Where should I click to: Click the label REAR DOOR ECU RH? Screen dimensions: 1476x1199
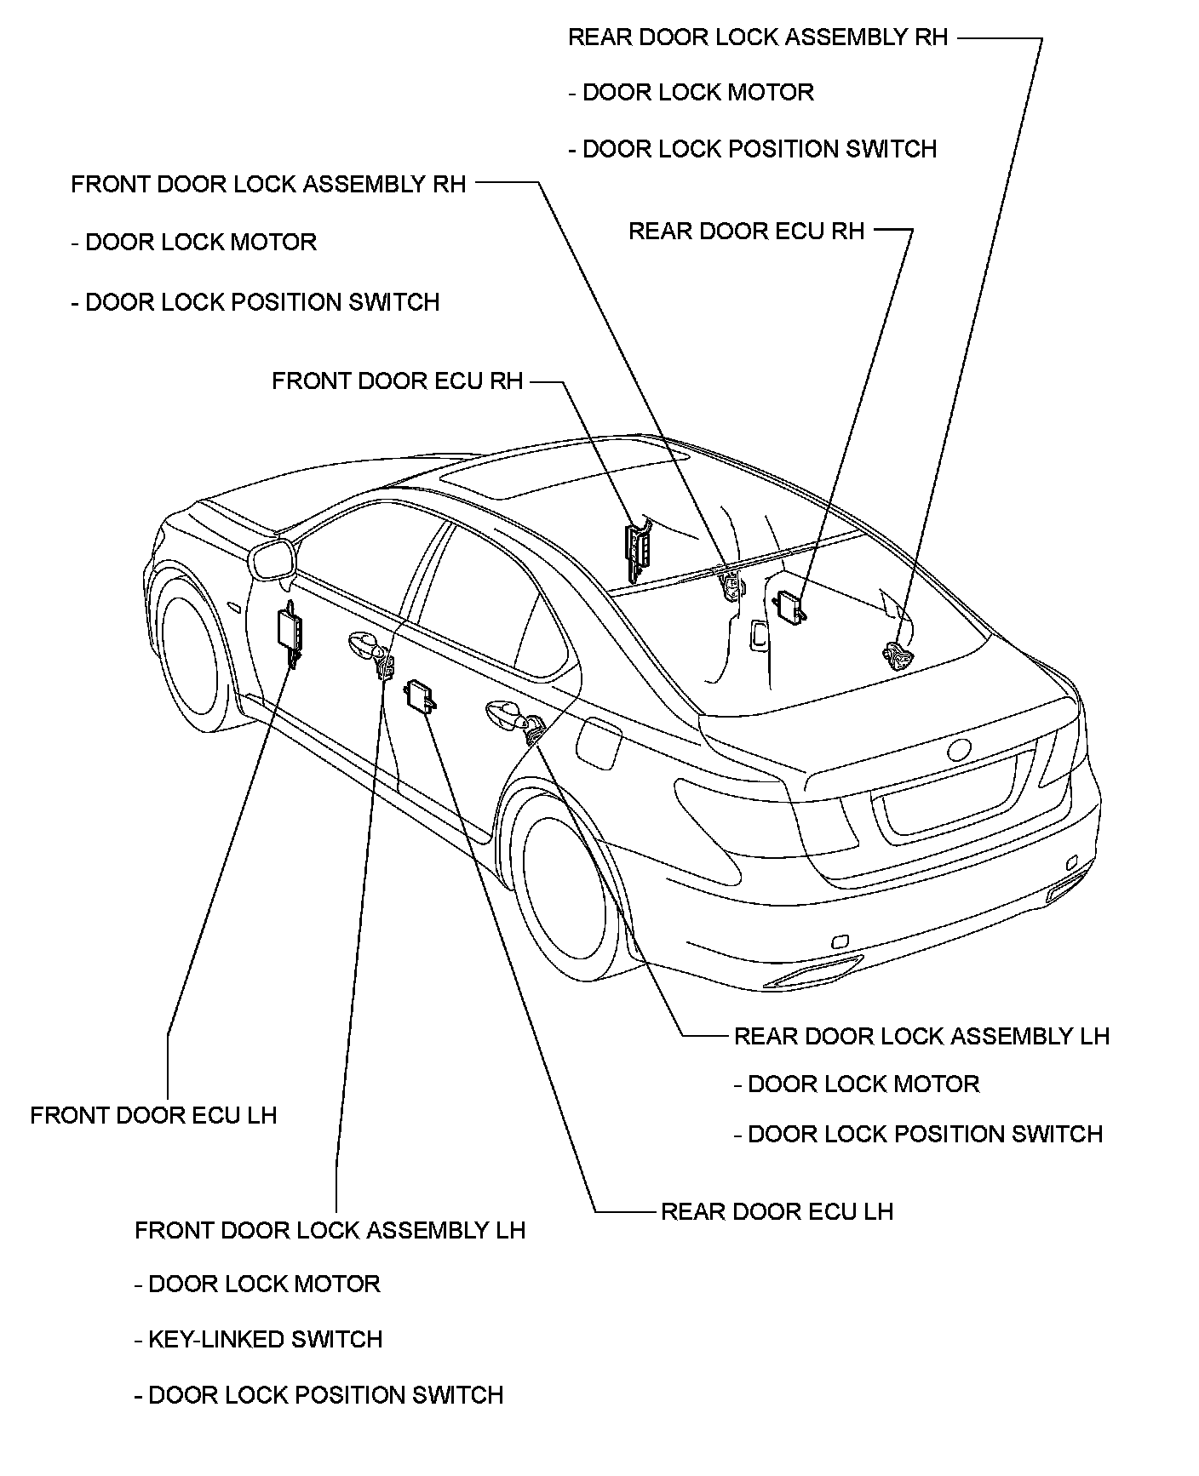746,232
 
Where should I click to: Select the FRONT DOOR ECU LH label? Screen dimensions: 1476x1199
153,1115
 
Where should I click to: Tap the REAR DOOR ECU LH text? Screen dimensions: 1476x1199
777,1211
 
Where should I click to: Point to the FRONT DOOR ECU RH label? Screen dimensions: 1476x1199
397,380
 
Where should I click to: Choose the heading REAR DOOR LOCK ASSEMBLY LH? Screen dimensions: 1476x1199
921,1036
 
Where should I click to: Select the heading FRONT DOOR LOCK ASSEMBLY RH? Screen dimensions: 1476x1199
268,185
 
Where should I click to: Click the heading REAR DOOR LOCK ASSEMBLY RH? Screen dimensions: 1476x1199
758,37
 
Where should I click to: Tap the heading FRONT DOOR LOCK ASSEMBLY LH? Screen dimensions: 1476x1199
330,1230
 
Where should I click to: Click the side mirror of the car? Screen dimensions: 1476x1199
272,562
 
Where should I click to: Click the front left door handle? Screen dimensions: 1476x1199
363,644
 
